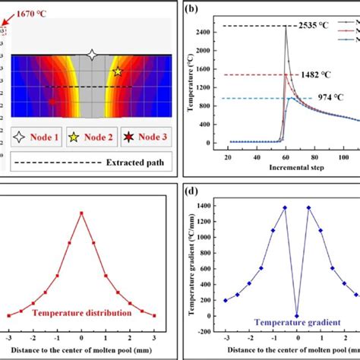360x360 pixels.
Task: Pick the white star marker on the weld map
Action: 92,54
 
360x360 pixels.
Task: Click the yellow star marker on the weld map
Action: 117,71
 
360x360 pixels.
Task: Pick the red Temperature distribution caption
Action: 81,311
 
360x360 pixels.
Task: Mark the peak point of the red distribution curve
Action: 81,213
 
